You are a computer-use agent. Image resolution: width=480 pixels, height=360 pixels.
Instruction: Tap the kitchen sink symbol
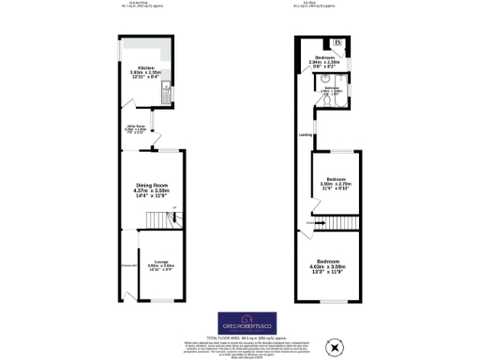164,91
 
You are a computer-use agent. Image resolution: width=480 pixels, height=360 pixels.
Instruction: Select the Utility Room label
137,128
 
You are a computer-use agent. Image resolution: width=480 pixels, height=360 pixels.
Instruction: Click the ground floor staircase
159,219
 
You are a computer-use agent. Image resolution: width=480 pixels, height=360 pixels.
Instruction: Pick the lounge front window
157,300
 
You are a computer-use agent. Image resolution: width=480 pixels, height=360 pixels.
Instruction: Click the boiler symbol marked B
337,43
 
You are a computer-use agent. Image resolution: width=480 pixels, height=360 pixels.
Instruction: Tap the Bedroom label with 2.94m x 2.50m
326,57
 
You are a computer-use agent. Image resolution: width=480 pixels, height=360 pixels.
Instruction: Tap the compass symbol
329,349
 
